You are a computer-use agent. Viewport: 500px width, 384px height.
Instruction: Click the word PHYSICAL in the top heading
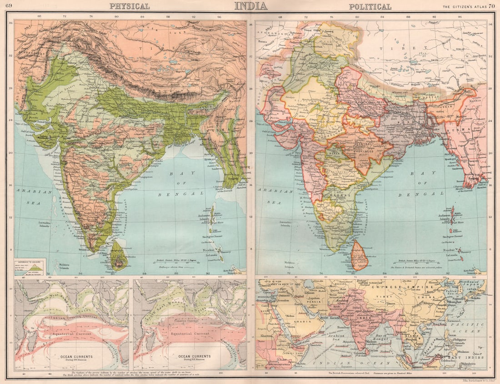pyautogui.click(x=129, y=6)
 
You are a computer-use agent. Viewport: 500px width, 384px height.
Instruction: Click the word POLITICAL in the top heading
pyautogui.click(x=370, y=6)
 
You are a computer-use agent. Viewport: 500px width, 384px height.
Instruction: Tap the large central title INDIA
pyautogui.click(x=250, y=6)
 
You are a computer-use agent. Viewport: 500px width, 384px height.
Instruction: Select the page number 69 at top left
pyautogui.click(x=10, y=6)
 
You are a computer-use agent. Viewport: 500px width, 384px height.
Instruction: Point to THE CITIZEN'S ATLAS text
pyautogui.click(x=464, y=6)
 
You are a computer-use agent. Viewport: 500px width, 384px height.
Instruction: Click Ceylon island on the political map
pyautogui.click(x=360, y=258)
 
